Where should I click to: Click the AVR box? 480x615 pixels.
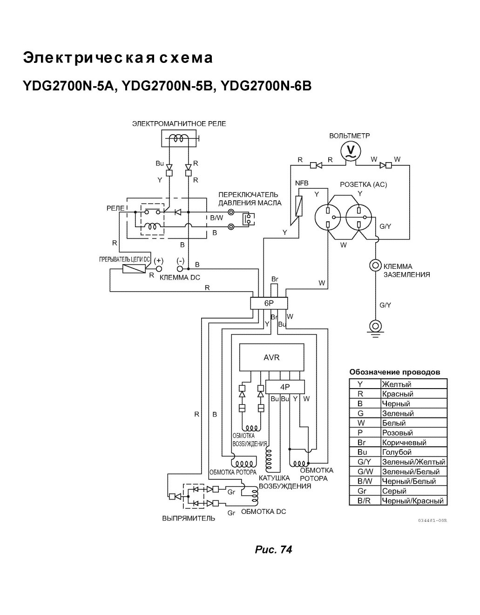point(271,357)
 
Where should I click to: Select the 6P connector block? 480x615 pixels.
point(269,303)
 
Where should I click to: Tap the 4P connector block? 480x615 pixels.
point(285,387)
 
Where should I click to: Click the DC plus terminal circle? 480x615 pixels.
point(159,268)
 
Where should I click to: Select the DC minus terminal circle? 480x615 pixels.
point(180,268)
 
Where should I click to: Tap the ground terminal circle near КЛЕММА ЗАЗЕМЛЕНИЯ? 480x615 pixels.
point(375,266)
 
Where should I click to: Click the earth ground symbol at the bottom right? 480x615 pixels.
point(375,329)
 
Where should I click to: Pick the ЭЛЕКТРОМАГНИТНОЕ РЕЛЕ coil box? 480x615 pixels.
point(179,138)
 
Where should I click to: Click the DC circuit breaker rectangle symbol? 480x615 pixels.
point(134,268)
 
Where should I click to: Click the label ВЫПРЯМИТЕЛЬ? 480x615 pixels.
point(189,519)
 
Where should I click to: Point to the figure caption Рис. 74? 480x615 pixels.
point(273,549)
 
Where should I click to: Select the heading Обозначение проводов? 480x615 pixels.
point(395,372)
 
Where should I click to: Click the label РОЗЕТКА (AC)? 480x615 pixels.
point(363,185)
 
